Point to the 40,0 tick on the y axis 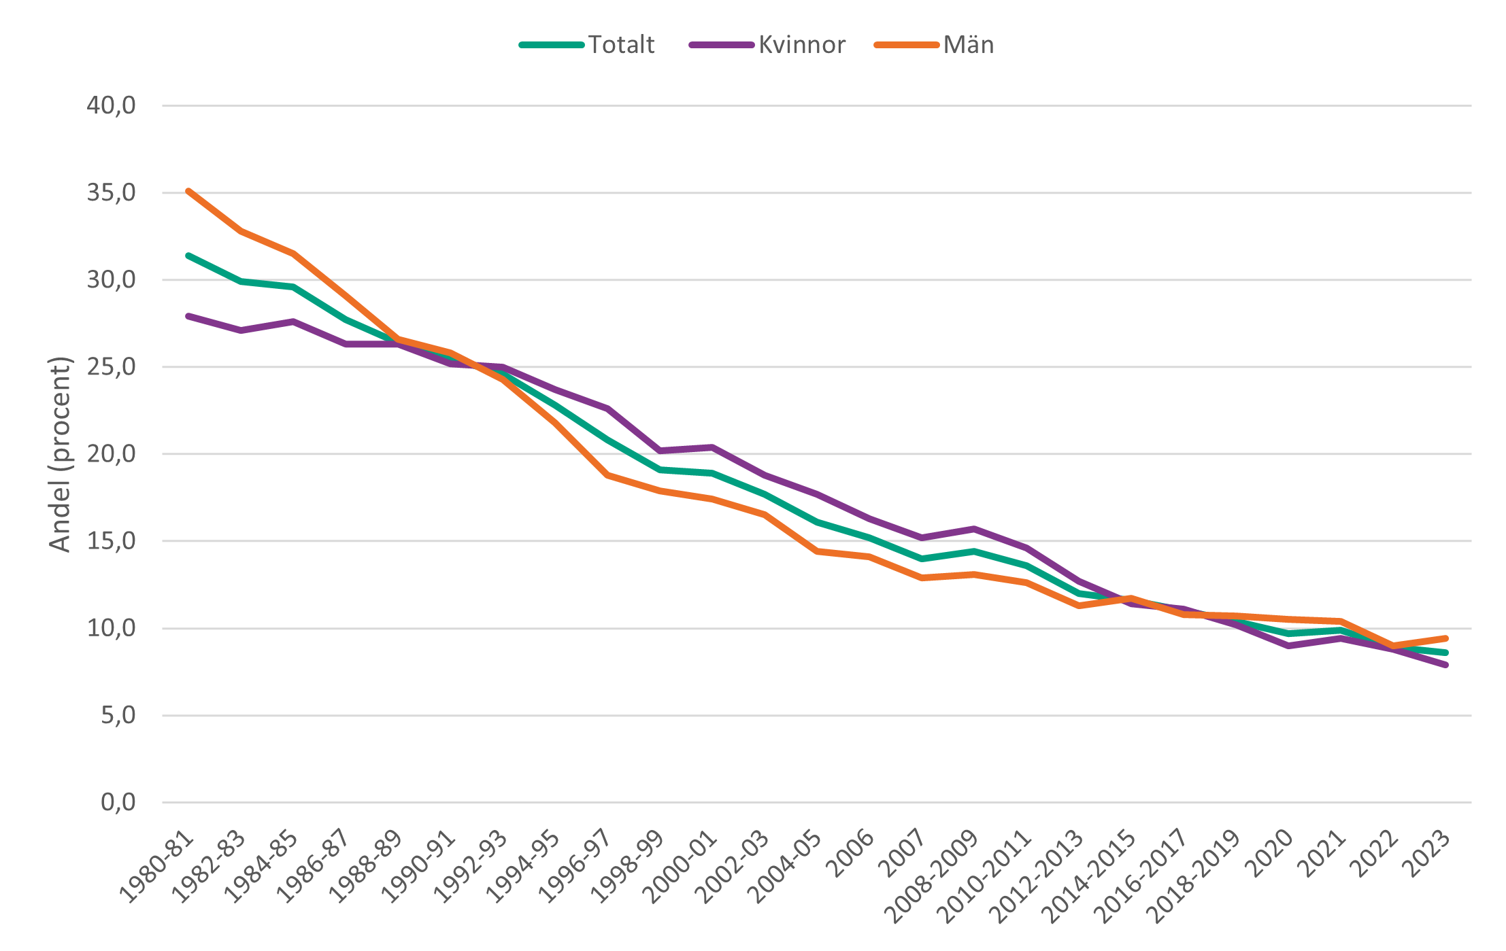click(111, 105)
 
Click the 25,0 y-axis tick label click(111, 367)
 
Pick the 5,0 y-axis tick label click(118, 715)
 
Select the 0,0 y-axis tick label click(118, 802)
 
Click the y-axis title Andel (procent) click(60, 454)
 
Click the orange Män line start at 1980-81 click(188, 191)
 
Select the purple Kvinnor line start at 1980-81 click(188, 316)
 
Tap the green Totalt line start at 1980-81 click(188, 256)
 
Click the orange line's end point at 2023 click(1445, 638)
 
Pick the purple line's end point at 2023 click(1445, 665)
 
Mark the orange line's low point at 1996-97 click(607, 475)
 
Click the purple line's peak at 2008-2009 click(973, 528)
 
